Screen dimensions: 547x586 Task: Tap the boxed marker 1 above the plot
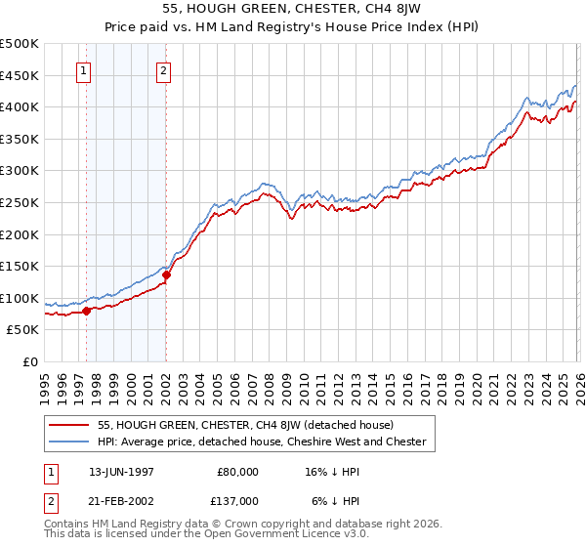pyautogui.click(x=84, y=70)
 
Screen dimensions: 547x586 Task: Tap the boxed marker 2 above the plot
pyautogui.click(x=163, y=70)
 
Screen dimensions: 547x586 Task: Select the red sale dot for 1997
pyautogui.click(x=87, y=311)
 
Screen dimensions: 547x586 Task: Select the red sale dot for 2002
pyautogui.click(x=166, y=274)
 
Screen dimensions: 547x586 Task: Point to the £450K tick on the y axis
pyautogui.click(x=20, y=75)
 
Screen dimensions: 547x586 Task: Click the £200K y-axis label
pyautogui.click(x=20, y=234)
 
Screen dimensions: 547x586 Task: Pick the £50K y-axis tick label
pyautogui.click(x=23, y=330)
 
